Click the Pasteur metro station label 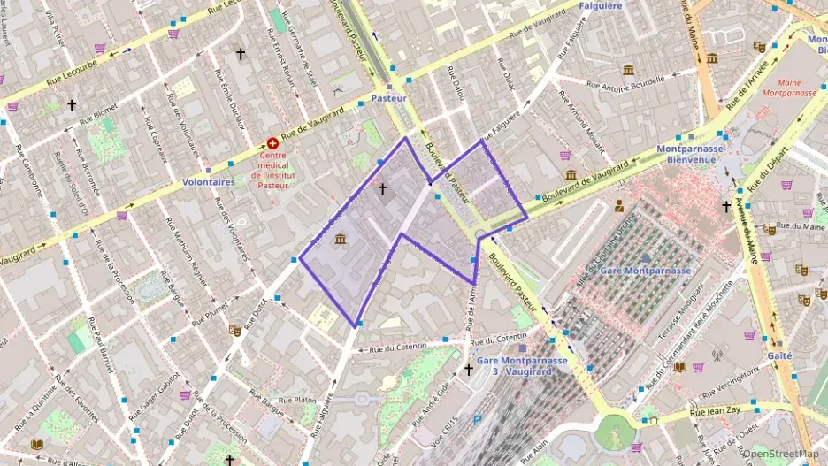389,98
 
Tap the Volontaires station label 208,181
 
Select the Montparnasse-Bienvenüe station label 691,155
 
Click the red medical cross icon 272,143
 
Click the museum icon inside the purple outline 341,239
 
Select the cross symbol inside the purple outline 382,188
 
